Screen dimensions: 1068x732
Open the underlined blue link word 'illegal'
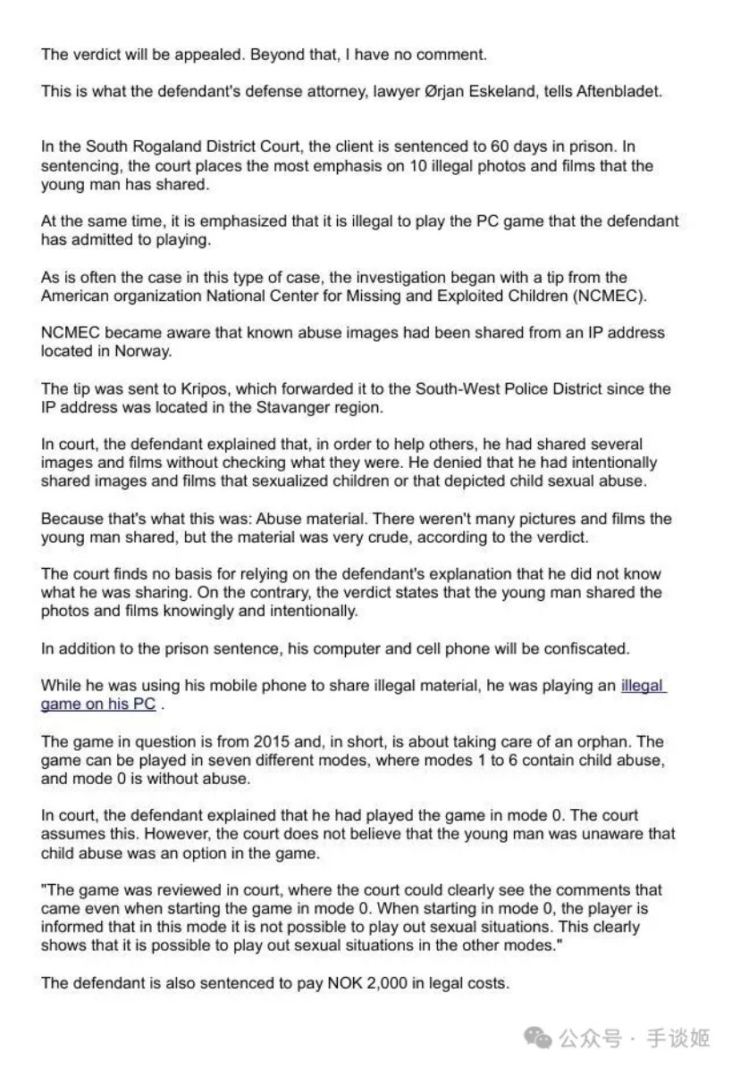point(643,687)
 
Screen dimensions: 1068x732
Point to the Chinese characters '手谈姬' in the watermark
point(678,1039)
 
